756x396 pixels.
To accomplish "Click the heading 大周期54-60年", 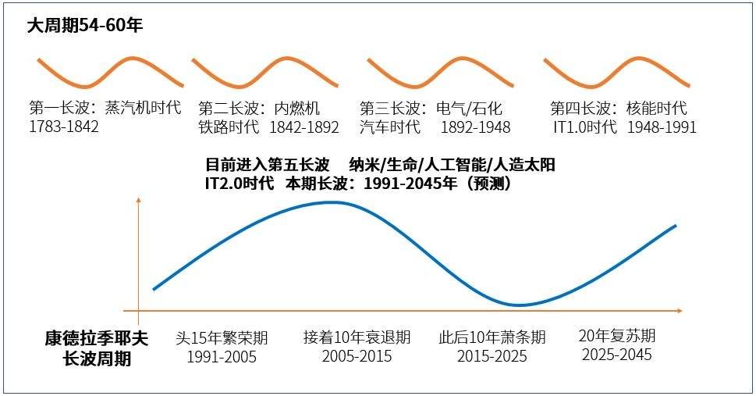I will [x=85, y=25].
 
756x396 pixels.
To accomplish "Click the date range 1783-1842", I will [x=64, y=127].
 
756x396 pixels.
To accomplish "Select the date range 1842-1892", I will [x=304, y=127].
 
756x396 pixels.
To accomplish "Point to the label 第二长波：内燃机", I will [x=259, y=108].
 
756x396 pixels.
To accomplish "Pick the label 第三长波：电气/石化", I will [x=430, y=108].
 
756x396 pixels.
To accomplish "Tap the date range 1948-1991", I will [x=662, y=127].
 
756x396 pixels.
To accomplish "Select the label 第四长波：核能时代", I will [x=618, y=108].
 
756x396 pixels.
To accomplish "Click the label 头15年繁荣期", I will [x=222, y=338].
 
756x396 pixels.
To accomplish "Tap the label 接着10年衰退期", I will [x=357, y=338].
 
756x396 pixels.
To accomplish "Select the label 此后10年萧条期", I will [x=492, y=338].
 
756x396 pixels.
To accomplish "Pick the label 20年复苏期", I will [x=616, y=336].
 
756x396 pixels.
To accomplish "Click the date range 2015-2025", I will [x=492, y=357].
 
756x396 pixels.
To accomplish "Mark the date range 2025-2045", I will [x=616, y=355].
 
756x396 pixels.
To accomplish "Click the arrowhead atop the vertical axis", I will [x=138, y=201].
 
